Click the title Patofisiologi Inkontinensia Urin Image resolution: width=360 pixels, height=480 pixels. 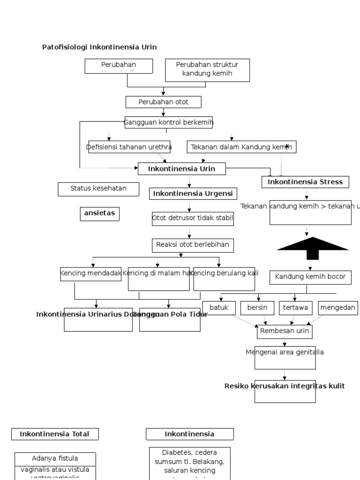(99, 47)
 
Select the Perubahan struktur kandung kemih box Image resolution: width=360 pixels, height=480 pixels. (207, 69)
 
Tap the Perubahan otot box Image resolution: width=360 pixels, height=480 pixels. (163, 102)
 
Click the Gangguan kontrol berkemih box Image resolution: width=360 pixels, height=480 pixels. (168, 122)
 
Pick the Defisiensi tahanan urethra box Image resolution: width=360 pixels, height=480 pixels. (129, 147)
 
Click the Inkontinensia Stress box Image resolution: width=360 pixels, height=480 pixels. (305, 182)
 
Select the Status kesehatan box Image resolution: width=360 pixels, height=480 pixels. (98, 188)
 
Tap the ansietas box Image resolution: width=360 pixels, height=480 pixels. (99, 213)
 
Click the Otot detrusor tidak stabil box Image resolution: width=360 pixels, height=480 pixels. (193, 218)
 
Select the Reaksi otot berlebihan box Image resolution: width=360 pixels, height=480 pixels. (193, 245)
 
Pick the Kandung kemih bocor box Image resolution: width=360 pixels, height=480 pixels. (310, 277)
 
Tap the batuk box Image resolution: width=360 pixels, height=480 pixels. (219, 308)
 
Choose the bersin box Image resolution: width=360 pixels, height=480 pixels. (257, 308)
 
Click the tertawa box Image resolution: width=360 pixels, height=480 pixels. (295, 308)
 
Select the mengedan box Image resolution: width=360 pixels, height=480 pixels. (337, 308)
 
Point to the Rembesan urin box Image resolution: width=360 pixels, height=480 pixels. (285, 331)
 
